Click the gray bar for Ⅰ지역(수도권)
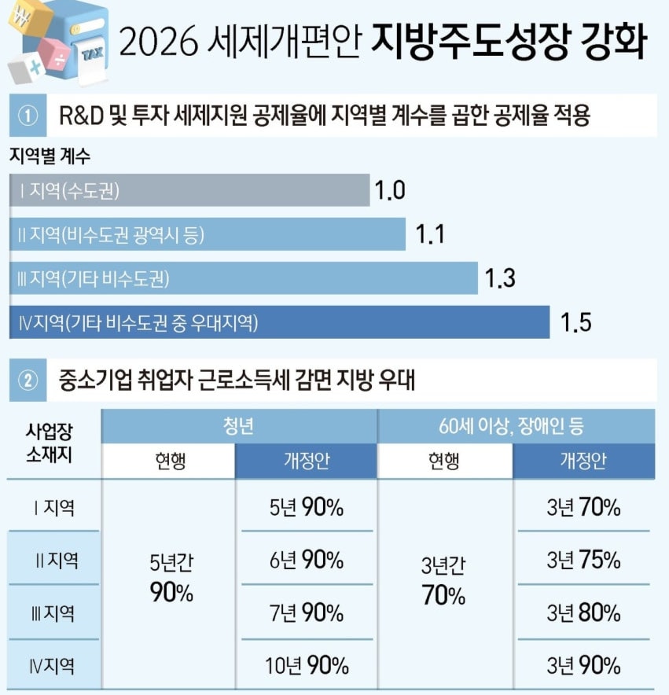(x=189, y=190)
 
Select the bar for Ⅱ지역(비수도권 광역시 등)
(x=208, y=234)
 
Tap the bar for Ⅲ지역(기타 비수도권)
(x=244, y=278)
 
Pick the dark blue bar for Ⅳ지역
(x=280, y=322)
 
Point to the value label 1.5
(x=576, y=322)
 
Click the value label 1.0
(x=390, y=190)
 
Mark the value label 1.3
(x=500, y=278)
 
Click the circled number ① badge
(x=28, y=116)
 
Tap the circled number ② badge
(x=28, y=381)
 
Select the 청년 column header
(x=238, y=426)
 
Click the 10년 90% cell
(x=307, y=665)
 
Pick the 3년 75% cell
(x=583, y=559)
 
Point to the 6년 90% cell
(x=307, y=559)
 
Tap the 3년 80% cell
(x=583, y=612)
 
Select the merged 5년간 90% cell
(x=171, y=578)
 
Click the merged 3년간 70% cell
(x=443, y=581)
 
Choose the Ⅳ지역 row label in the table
(x=52, y=666)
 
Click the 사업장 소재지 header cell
(x=50, y=443)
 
